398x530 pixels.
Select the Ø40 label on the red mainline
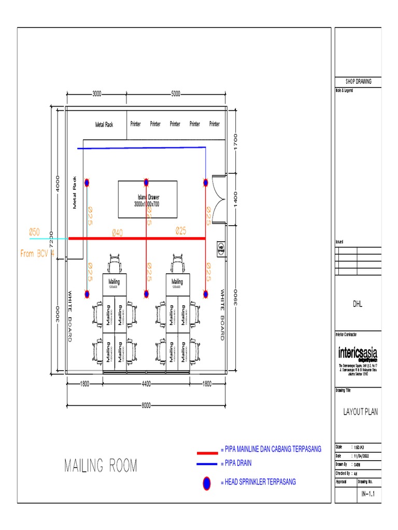(x=117, y=233)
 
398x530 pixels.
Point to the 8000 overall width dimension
(x=147, y=406)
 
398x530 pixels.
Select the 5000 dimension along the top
(x=176, y=94)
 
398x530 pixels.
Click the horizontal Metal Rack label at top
(x=104, y=124)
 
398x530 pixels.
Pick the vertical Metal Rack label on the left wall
(x=75, y=193)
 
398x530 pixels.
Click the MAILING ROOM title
(x=101, y=466)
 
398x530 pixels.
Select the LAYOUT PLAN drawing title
(x=361, y=412)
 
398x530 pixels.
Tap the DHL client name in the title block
(x=359, y=304)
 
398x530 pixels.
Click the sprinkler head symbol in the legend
(x=207, y=483)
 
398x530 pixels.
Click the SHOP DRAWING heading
(x=359, y=82)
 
